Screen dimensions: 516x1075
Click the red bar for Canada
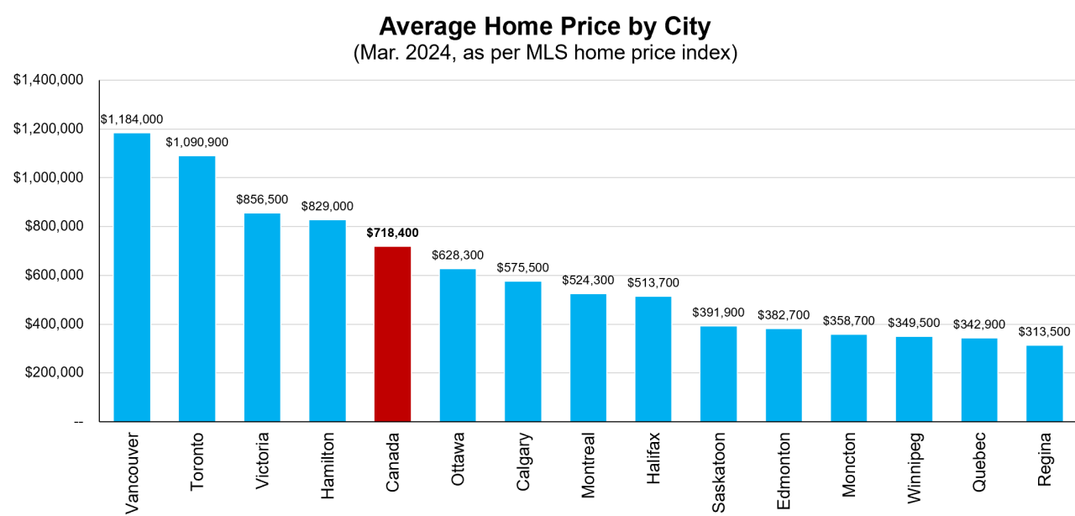coord(392,334)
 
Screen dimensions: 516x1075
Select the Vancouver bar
coord(132,277)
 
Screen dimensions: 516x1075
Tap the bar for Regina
coord(1044,383)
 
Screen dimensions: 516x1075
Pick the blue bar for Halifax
coord(653,359)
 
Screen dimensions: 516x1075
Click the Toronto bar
coord(197,288)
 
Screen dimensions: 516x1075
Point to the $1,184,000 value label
coord(132,119)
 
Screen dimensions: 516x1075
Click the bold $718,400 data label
coord(392,233)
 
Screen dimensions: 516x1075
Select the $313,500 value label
coord(1044,331)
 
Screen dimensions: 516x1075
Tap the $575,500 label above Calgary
coord(522,267)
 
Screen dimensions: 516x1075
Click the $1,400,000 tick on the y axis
coord(48,80)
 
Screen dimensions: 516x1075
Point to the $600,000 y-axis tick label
coord(48,276)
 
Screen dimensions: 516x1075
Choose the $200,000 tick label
coord(48,373)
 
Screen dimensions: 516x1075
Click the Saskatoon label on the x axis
coord(719,472)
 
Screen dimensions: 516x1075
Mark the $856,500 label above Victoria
coord(262,199)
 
